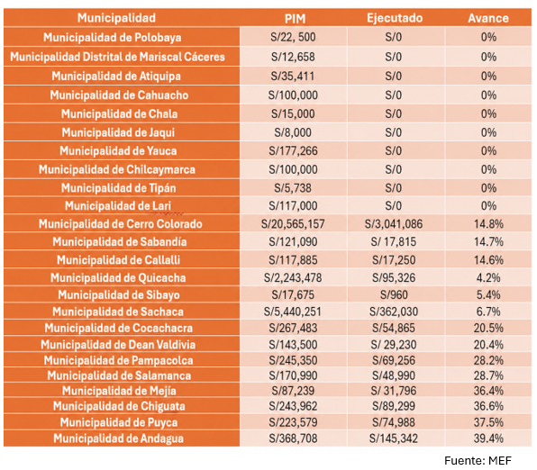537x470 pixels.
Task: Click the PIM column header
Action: pos(295,19)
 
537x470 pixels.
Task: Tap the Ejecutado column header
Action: pos(395,18)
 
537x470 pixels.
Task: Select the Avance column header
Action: pos(488,18)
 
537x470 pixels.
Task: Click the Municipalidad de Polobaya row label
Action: pos(113,37)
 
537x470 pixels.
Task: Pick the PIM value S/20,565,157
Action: pos(293,224)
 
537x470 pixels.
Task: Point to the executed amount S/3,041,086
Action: pos(394,224)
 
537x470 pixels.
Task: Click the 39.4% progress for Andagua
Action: pos(488,438)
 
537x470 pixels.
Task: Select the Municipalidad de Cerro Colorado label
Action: pos(120,224)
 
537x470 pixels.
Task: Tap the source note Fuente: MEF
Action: pos(478,461)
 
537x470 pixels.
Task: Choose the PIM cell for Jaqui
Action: pos(293,132)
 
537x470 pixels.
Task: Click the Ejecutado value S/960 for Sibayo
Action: pos(394,294)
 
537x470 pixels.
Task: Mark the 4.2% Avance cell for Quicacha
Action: pos(488,277)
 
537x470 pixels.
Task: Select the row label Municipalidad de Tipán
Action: pos(119,188)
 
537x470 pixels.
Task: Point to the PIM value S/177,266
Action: pos(293,151)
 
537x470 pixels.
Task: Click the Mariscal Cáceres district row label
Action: pos(117,57)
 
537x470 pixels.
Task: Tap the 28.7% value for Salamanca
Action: pos(488,375)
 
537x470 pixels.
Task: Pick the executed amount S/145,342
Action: pos(394,438)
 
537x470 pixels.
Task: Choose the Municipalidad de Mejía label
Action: pos(119,391)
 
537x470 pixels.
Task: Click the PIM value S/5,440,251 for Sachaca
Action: pos(293,312)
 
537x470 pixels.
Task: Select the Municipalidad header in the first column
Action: pos(116,18)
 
